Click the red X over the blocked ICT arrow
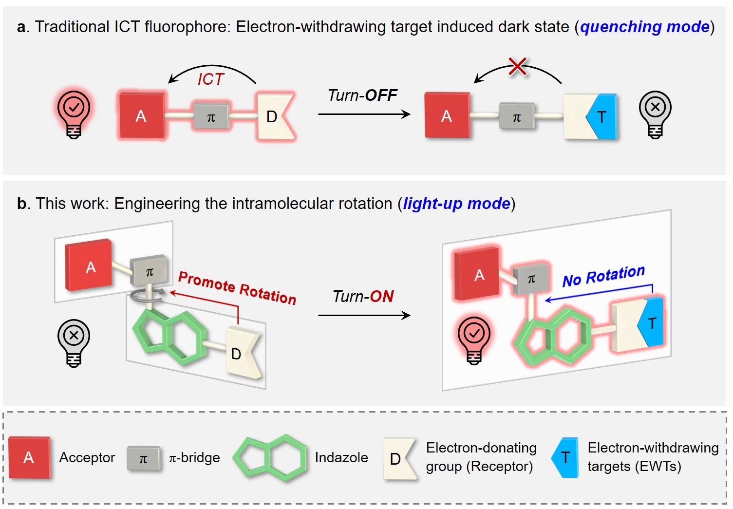(517, 66)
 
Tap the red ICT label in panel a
(210, 79)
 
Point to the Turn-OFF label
(362, 95)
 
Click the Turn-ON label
(363, 296)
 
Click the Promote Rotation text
(237, 288)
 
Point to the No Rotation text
(603, 276)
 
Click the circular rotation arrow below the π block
(149, 293)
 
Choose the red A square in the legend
(29, 457)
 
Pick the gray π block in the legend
(143, 458)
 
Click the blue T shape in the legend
(565, 457)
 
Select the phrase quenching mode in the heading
(644, 27)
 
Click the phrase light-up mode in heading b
(456, 204)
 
